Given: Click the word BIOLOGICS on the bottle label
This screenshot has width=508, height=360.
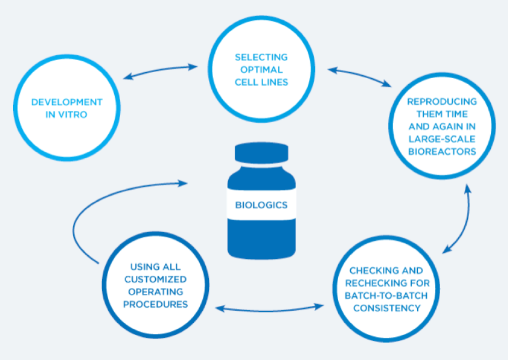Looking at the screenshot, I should [261, 205].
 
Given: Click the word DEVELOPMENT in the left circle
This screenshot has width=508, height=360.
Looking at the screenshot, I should [67, 102].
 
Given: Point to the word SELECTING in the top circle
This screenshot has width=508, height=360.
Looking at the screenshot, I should [261, 57].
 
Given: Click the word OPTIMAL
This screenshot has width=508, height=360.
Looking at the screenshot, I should [261, 69].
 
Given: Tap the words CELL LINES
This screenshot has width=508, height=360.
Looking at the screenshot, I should [261, 82].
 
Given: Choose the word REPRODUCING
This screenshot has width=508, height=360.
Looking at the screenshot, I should [442, 102].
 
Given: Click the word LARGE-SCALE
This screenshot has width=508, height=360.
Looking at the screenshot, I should [442, 139].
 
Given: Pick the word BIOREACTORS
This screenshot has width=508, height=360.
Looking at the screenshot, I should [442, 152].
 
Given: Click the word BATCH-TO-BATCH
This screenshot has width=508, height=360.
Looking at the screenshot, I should [386, 295].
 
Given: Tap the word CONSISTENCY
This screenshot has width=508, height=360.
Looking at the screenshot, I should [387, 308].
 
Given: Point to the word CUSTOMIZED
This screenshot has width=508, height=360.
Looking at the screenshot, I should [155, 279].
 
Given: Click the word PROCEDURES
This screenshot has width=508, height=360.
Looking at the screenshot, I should [155, 304].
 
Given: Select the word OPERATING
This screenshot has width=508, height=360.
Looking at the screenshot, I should [155, 292].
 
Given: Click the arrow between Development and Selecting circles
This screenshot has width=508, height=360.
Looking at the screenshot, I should [161, 71].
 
